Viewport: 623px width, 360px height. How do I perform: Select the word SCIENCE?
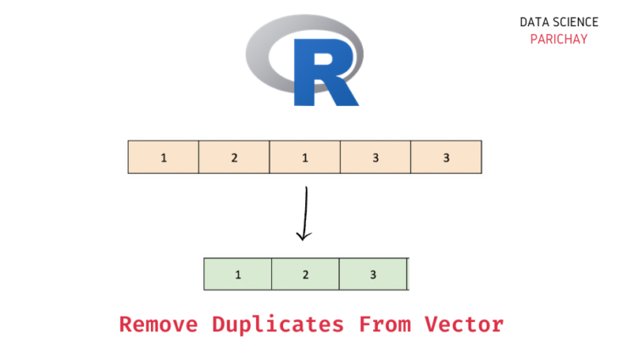click(x=578, y=23)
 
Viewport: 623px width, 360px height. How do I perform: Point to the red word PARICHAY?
click(x=559, y=39)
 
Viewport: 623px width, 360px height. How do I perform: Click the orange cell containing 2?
click(x=234, y=158)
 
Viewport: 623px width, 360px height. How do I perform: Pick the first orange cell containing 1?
click(x=164, y=158)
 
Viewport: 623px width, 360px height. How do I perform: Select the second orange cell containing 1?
click(x=304, y=158)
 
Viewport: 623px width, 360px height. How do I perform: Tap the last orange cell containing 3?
click(x=446, y=158)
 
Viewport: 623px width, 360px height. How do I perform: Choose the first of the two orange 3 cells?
click(x=375, y=158)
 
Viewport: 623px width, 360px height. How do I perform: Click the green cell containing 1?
click(x=238, y=274)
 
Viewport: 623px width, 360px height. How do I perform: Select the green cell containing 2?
click(x=305, y=274)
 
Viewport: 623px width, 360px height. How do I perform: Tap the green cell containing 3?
click(x=373, y=274)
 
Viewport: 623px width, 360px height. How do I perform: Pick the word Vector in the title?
click(x=464, y=324)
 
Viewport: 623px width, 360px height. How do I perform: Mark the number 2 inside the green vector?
click(x=305, y=274)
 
